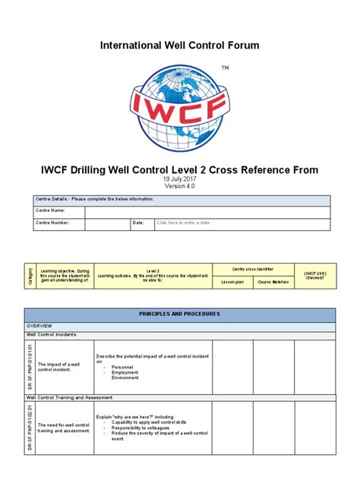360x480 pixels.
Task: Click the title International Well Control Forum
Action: click(180, 46)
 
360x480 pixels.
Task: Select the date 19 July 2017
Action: click(180, 178)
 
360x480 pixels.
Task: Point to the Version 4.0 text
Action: click(180, 186)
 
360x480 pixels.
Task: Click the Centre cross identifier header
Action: click(253, 269)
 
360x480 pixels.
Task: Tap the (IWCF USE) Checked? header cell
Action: click(314, 274)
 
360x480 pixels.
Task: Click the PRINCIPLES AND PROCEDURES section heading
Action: click(180, 314)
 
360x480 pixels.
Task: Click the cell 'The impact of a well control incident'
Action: click(64, 367)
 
